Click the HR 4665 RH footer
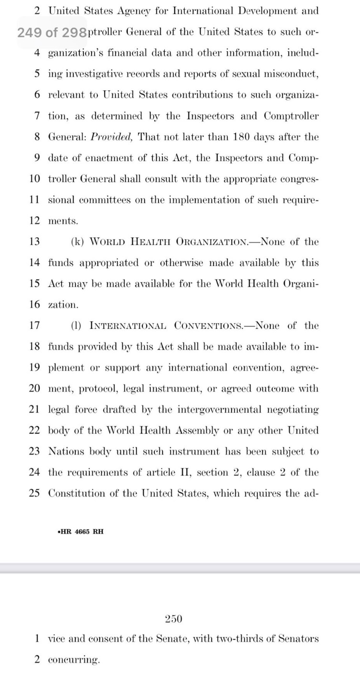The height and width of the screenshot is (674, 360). tap(80, 531)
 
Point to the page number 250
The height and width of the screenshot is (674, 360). tap(173, 620)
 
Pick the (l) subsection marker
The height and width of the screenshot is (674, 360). tap(76, 326)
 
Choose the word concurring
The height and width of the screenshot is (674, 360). tap(74, 660)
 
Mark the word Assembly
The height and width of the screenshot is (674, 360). tap(197, 431)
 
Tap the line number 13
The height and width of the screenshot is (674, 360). tap(34, 242)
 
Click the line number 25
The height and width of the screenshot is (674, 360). tap(34, 494)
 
